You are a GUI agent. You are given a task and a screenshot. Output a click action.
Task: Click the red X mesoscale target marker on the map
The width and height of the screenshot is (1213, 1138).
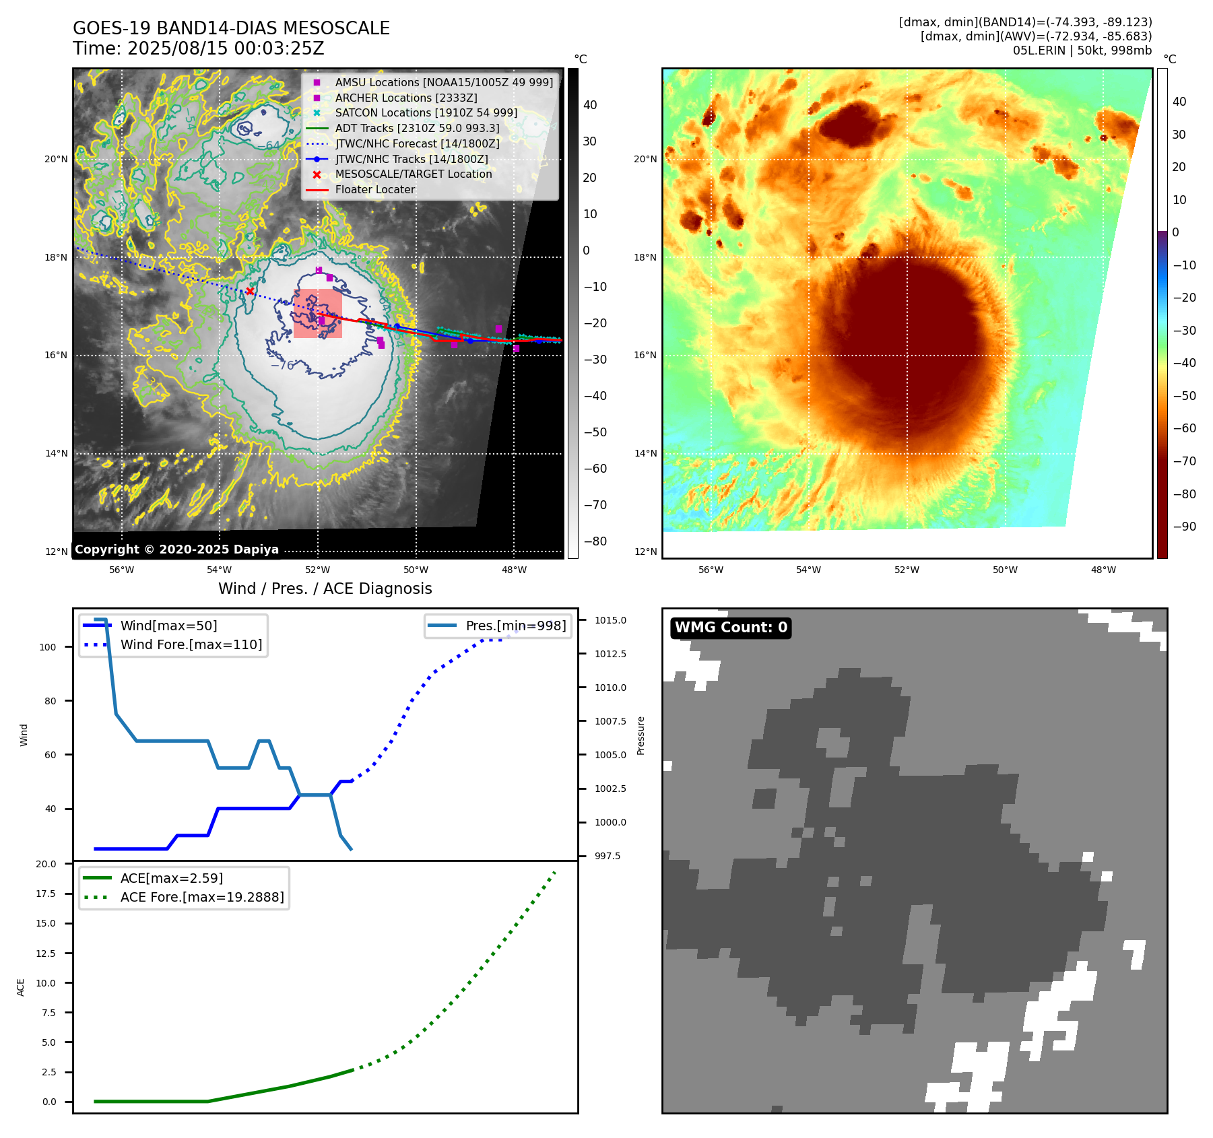250,291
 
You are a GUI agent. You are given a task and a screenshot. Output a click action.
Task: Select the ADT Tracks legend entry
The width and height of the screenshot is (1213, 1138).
417,128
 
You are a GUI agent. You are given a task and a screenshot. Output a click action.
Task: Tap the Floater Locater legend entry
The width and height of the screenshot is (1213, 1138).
374,190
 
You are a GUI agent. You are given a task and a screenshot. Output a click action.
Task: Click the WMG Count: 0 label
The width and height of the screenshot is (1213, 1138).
731,628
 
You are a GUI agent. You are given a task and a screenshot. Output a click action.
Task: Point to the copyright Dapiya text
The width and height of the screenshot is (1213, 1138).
176,549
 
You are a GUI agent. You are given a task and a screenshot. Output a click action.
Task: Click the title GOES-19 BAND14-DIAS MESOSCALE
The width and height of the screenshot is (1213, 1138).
231,28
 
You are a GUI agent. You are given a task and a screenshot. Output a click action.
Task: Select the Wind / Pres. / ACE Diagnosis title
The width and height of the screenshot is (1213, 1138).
325,589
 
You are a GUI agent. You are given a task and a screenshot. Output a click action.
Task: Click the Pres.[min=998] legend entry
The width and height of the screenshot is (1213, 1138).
515,626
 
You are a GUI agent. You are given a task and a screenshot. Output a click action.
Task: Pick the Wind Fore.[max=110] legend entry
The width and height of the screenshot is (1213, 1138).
191,644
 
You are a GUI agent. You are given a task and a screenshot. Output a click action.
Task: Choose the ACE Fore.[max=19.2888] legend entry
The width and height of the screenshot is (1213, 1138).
201,897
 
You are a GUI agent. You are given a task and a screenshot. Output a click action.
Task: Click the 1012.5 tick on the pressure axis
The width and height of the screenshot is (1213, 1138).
610,654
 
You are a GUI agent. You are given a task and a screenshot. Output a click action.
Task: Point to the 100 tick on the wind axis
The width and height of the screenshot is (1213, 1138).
48,647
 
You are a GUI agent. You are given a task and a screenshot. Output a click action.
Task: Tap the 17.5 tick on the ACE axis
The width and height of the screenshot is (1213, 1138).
46,894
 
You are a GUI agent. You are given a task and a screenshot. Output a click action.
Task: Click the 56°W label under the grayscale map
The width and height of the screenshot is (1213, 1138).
122,570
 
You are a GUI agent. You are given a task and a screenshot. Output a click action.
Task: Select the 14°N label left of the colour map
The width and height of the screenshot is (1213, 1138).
645,453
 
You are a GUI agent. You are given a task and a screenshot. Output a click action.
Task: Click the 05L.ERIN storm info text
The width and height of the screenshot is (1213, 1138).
1082,51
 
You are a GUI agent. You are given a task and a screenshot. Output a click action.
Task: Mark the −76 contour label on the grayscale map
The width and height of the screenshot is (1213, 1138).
283,366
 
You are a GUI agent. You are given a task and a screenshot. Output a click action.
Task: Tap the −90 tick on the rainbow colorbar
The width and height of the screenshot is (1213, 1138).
1185,527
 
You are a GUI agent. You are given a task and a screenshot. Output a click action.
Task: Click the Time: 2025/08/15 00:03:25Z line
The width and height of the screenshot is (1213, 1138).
199,48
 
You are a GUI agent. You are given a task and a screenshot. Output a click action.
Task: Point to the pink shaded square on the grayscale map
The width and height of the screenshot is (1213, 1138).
318,314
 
